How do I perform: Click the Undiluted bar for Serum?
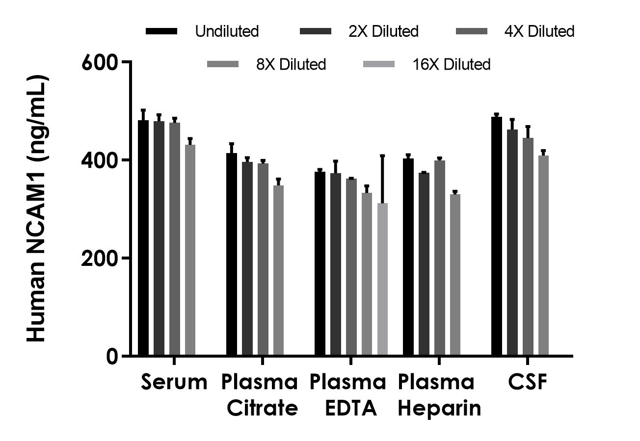[x=143, y=238]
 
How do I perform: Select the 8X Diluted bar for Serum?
[x=190, y=250]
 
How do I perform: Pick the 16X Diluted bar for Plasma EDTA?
[x=382, y=279]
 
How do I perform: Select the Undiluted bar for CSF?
[x=497, y=236]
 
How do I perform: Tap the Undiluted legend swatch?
[x=161, y=31]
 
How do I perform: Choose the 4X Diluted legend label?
[x=539, y=31]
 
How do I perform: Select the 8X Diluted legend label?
[x=291, y=64]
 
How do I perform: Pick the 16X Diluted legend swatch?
[x=378, y=64]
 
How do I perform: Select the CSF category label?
[x=528, y=382]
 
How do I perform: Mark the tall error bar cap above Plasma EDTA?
[x=382, y=156]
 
